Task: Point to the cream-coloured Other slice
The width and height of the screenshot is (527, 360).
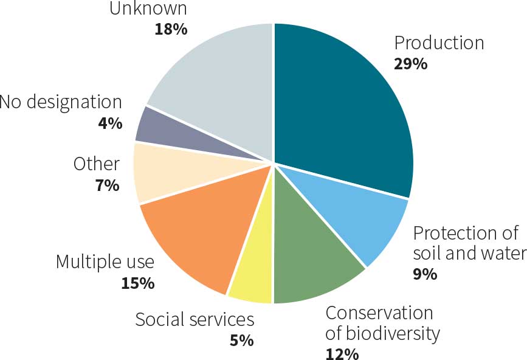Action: point(158,173)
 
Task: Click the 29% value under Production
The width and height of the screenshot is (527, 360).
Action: point(410,63)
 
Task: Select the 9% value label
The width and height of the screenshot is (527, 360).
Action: point(425,274)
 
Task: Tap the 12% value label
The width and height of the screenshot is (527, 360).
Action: point(342,354)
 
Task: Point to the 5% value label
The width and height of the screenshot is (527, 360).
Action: point(241,340)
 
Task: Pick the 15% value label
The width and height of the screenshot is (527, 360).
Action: point(137,283)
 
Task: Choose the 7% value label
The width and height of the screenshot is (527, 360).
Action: point(107,185)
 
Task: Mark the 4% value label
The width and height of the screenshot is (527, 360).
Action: point(110,123)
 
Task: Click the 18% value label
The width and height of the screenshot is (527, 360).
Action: point(171,29)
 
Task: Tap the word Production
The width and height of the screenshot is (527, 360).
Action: point(439,43)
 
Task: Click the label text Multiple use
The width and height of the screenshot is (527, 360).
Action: point(105,262)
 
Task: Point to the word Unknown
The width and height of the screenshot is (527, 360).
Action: point(148,9)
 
